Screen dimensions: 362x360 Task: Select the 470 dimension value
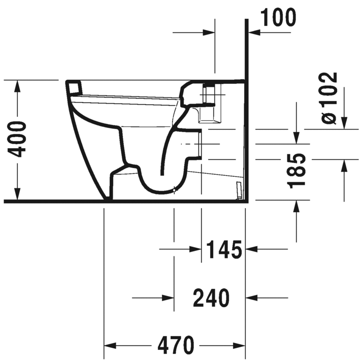tap(176, 346)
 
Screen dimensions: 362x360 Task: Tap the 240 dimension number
tap(211, 298)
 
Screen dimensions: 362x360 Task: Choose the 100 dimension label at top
tap(277, 18)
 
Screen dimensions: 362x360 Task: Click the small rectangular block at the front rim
tap(74, 87)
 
